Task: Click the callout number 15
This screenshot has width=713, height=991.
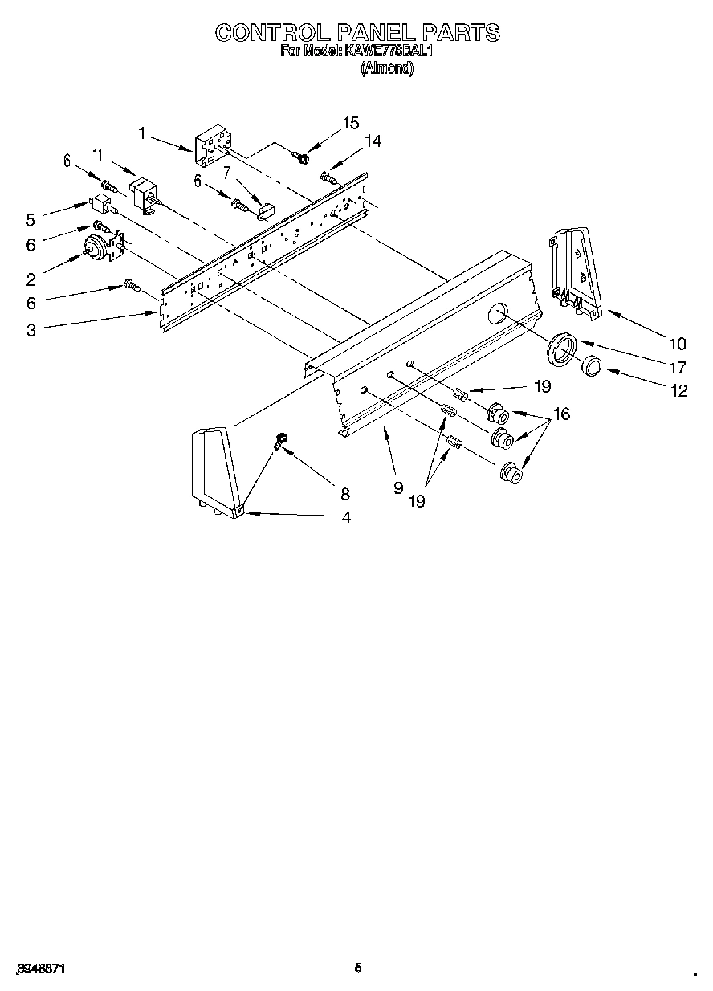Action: [350, 122]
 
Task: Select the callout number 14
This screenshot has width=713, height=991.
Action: [373, 141]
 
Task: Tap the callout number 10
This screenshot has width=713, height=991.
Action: [677, 344]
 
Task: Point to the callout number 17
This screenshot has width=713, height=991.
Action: [677, 368]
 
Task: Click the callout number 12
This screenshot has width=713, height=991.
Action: [680, 391]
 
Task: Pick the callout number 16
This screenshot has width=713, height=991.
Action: [561, 414]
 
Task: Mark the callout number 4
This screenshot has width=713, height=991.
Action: [346, 518]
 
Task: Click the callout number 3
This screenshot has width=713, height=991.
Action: [31, 330]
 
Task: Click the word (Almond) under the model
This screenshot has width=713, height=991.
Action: [387, 69]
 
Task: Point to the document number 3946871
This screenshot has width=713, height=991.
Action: [39, 970]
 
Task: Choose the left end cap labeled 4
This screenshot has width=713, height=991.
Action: [214, 471]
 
